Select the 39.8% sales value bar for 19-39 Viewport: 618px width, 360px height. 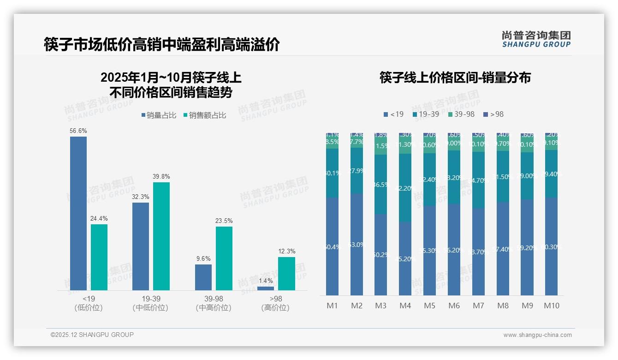coord(161,236)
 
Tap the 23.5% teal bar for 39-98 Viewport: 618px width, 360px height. coord(224,258)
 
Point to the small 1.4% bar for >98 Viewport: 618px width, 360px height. coord(266,288)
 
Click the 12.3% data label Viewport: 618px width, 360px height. coord(286,252)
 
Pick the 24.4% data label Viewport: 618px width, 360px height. coord(99,219)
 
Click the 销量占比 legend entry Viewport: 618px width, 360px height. coord(159,115)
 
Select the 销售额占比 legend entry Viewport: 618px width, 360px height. coord(205,115)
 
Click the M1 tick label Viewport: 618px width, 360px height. coord(333,306)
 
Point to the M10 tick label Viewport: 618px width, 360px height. coord(552,306)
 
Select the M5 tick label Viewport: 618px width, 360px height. coord(429,306)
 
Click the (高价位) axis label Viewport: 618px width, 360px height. coord(275,308)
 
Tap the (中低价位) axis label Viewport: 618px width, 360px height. coord(150,308)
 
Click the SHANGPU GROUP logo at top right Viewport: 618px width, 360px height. coord(536,39)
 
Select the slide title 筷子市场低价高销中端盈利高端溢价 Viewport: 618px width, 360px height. coord(161,45)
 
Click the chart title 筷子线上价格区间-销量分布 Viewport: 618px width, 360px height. coord(455,78)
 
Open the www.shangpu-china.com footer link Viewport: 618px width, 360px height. coord(537,335)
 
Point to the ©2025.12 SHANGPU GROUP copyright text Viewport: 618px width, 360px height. coord(92,335)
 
